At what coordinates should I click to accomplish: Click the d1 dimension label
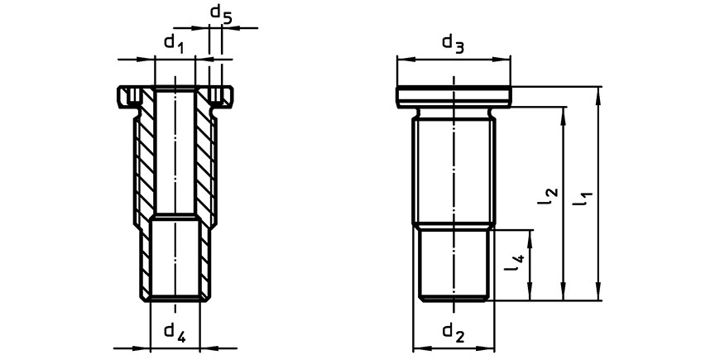[174, 45]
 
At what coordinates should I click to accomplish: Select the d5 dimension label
[221, 13]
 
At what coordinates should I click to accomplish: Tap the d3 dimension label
[454, 44]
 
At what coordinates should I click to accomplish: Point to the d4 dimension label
[175, 333]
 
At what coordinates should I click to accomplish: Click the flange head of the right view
[454, 97]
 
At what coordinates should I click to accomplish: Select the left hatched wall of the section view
[145, 193]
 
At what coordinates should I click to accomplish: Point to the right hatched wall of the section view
[204, 193]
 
